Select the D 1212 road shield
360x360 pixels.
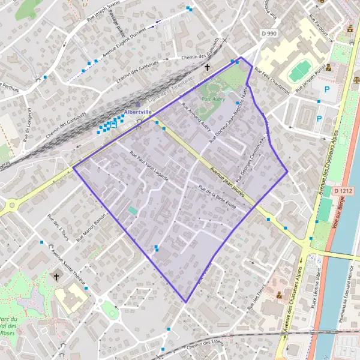click(343, 191)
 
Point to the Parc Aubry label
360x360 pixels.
click(213, 99)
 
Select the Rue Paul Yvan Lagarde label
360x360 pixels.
click(149, 166)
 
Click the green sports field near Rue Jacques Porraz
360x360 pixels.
click(299, 71)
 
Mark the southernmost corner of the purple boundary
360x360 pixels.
click(186, 302)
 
